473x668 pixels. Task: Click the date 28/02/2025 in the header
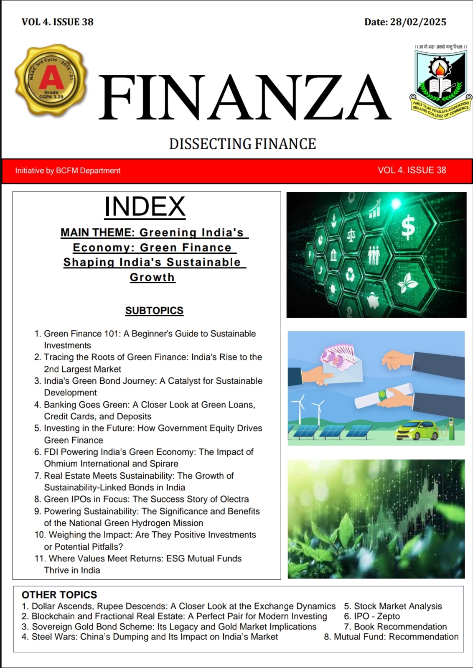(418, 22)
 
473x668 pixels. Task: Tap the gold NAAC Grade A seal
(51, 80)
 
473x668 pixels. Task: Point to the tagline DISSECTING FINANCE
(242, 144)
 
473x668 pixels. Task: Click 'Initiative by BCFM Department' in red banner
(68, 171)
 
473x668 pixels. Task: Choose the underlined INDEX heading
(145, 207)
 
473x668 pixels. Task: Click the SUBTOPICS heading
(154, 311)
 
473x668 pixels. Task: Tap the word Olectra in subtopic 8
(234, 499)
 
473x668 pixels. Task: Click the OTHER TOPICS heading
(59, 595)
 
